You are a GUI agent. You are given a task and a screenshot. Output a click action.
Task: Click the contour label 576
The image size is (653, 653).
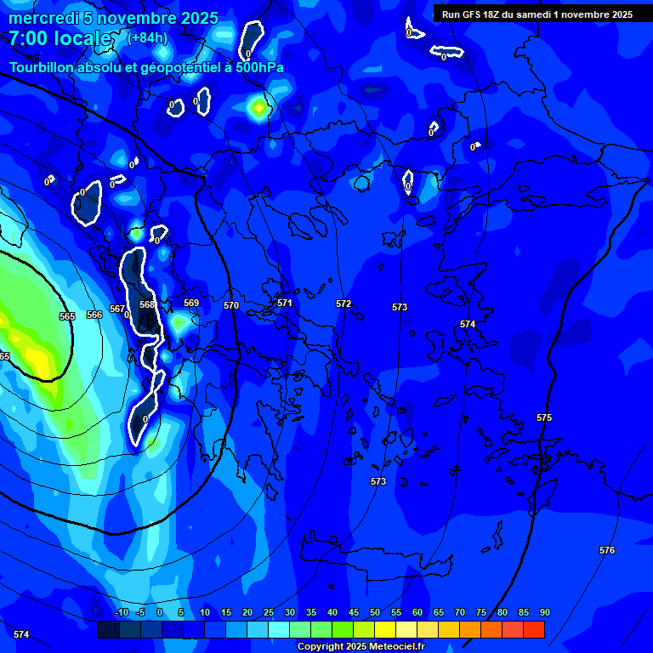click(606, 550)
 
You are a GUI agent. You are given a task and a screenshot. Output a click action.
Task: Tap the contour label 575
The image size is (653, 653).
click(544, 417)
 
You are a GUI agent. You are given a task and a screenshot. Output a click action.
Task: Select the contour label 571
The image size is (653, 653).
click(285, 303)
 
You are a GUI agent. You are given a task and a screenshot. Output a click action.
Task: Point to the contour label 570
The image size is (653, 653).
click(231, 305)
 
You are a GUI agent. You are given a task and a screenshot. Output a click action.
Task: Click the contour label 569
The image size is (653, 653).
click(191, 303)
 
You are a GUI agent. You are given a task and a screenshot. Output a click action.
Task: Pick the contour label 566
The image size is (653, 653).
click(94, 315)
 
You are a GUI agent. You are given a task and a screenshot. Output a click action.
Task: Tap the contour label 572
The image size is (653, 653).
click(344, 304)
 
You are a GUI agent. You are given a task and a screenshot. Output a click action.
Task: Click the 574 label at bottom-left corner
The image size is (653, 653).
click(21, 634)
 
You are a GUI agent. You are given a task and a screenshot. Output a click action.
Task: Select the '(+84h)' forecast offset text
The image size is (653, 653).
click(147, 37)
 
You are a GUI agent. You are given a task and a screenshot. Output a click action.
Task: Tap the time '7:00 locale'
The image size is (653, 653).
click(60, 38)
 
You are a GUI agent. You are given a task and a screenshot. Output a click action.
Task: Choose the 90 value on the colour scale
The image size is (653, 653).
click(544, 612)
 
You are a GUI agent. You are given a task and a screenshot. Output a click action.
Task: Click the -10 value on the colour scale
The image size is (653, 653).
click(120, 612)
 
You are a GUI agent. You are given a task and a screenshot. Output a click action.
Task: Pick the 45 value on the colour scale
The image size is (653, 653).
click(353, 612)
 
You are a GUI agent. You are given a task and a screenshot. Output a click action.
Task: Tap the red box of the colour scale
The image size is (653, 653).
click(533, 629)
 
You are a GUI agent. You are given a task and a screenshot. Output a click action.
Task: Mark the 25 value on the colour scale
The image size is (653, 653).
click(268, 612)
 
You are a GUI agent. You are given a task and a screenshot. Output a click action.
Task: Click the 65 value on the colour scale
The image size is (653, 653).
click(438, 612)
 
